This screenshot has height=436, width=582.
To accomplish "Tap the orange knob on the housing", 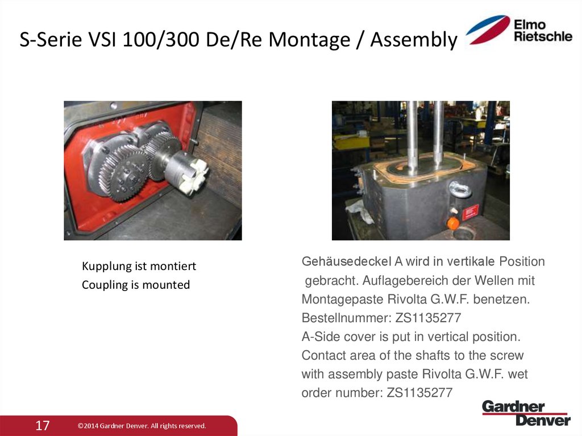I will (453, 223).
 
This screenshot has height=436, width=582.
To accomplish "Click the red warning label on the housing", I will (470, 213).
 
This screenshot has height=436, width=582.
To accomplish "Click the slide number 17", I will (43, 425).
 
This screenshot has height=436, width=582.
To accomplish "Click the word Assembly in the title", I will (413, 40).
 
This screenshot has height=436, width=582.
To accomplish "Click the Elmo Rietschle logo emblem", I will (488, 30).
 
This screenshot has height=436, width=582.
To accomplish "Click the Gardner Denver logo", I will (526, 413).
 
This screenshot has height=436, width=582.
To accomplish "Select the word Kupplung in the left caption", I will (105, 266).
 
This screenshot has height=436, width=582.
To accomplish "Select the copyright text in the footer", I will (142, 426).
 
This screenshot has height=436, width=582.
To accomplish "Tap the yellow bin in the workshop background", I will (348, 141).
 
